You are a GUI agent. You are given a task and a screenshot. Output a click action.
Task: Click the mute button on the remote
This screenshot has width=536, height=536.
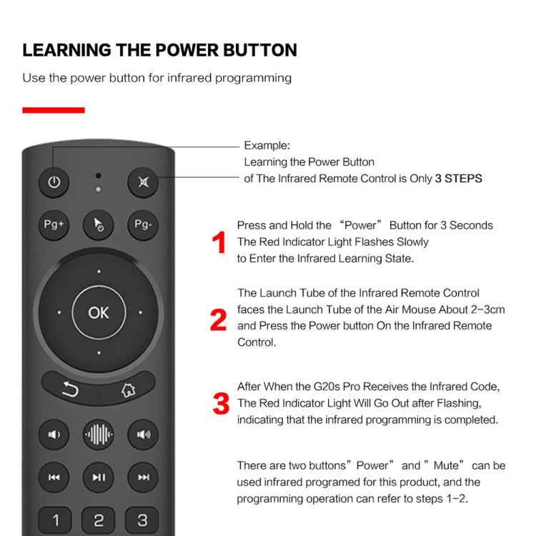coord(143,182)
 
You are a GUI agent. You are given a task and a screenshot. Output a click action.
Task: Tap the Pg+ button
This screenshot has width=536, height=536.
coord(54,225)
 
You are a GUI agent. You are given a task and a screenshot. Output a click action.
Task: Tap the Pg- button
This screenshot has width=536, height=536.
coord(143,225)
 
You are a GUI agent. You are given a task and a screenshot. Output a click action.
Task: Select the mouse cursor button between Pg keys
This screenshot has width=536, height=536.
coord(98,225)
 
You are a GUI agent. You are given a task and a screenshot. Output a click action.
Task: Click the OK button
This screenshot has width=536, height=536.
coord(99,312)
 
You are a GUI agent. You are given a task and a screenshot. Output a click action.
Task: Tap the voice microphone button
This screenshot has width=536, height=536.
coord(98,434)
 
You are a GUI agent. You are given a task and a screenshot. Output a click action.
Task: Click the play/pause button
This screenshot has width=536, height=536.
coord(98,477)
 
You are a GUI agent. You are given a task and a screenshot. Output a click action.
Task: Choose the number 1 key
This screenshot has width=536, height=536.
coord(55,520)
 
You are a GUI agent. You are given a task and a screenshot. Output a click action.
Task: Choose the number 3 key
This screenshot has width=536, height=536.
coord(142,520)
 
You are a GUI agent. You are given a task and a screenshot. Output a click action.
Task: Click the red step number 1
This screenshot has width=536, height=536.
coord(219,243)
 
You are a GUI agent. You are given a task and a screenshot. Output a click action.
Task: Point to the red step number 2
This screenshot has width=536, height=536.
coord(219,319)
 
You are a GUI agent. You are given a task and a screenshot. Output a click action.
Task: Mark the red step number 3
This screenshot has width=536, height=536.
coord(222,404)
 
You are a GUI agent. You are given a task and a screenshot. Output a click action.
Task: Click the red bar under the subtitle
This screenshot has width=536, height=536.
coord(54,110)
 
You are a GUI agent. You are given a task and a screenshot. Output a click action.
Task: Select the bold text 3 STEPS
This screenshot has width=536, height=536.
coord(458,179)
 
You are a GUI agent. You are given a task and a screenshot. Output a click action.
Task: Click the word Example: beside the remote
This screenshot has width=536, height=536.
coord(267,146)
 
